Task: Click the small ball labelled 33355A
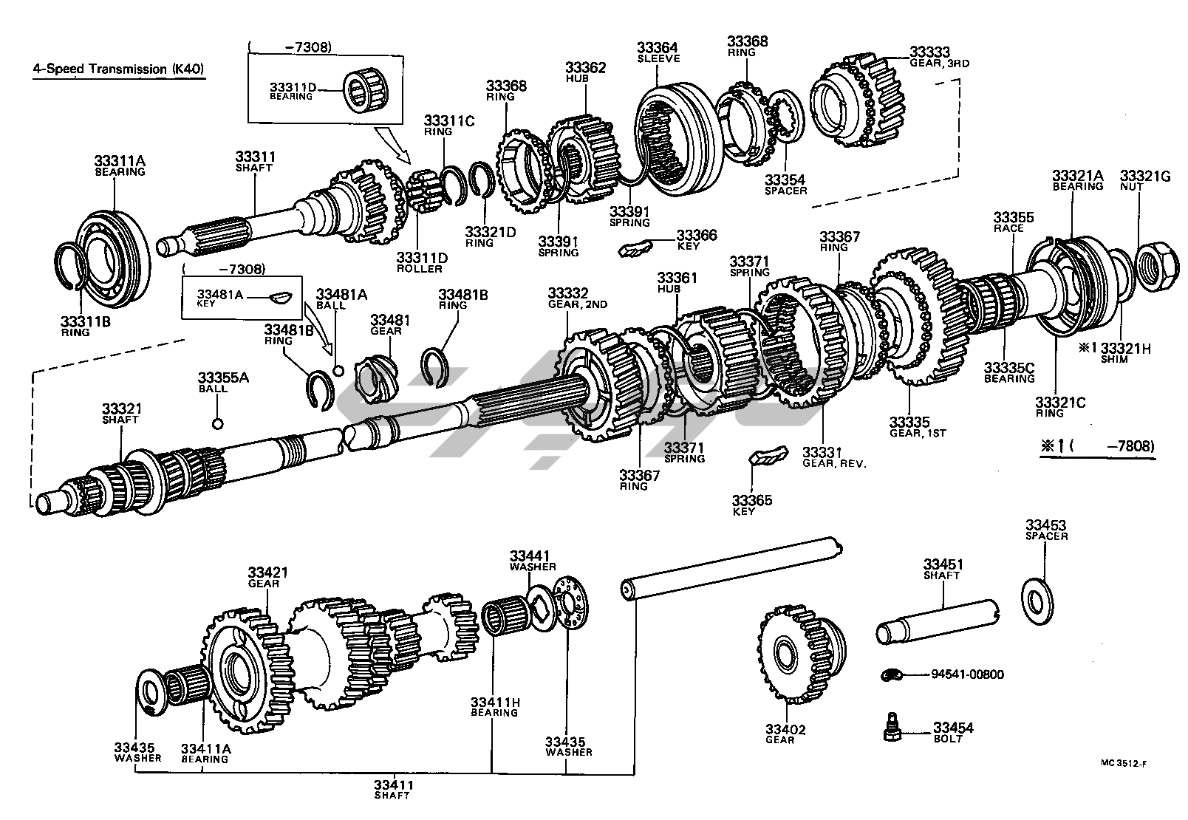coord(217,424)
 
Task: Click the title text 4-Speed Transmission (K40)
coord(118,69)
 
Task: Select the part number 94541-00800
coord(967,674)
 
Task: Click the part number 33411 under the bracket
coord(392,785)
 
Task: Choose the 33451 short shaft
coord(937,622)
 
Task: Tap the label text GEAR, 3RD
coord(940,64)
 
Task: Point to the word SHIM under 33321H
coord(1114,360)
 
